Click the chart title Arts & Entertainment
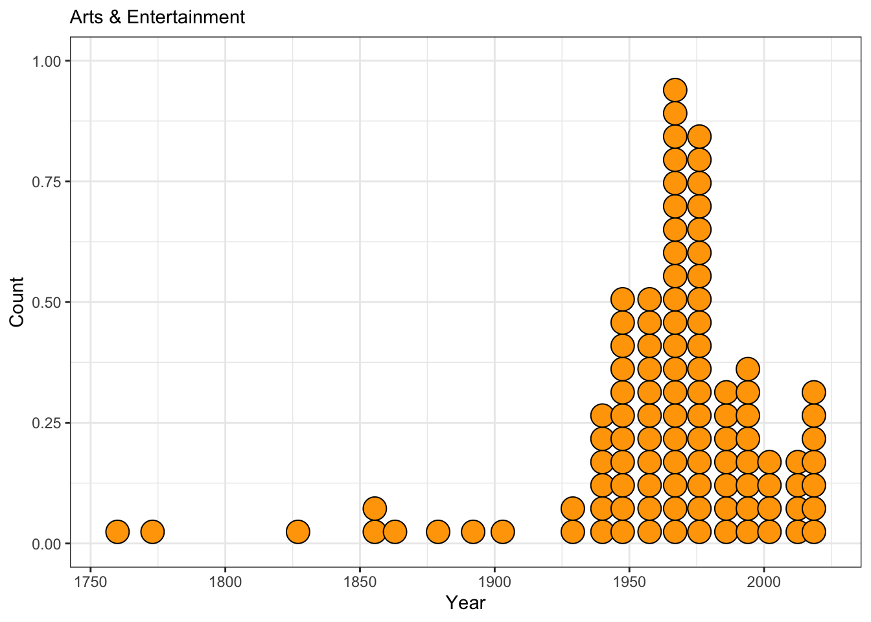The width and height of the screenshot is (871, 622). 157,17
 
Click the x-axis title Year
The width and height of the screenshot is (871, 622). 465,603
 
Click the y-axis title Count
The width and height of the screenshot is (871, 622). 17,302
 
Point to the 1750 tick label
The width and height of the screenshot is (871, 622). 91,581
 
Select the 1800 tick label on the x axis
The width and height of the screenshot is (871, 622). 226,581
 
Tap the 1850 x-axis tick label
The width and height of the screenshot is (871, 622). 360,581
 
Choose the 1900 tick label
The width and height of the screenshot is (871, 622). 494,581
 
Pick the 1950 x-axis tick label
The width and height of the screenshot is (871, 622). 629,581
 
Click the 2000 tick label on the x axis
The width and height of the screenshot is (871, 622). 764,581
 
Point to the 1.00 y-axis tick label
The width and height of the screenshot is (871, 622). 47,61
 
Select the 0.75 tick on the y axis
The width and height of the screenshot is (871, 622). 47,181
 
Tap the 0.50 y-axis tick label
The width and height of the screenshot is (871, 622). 47,302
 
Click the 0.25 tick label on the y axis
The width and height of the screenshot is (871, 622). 47,422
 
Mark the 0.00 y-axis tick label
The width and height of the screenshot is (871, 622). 47,544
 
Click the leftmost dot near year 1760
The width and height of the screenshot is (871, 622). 117,532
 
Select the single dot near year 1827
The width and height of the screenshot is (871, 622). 297,532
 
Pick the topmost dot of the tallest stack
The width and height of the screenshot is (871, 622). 675,90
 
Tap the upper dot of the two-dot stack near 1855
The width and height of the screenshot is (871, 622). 375,508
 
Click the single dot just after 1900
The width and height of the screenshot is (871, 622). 502,532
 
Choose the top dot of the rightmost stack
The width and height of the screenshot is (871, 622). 813,392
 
